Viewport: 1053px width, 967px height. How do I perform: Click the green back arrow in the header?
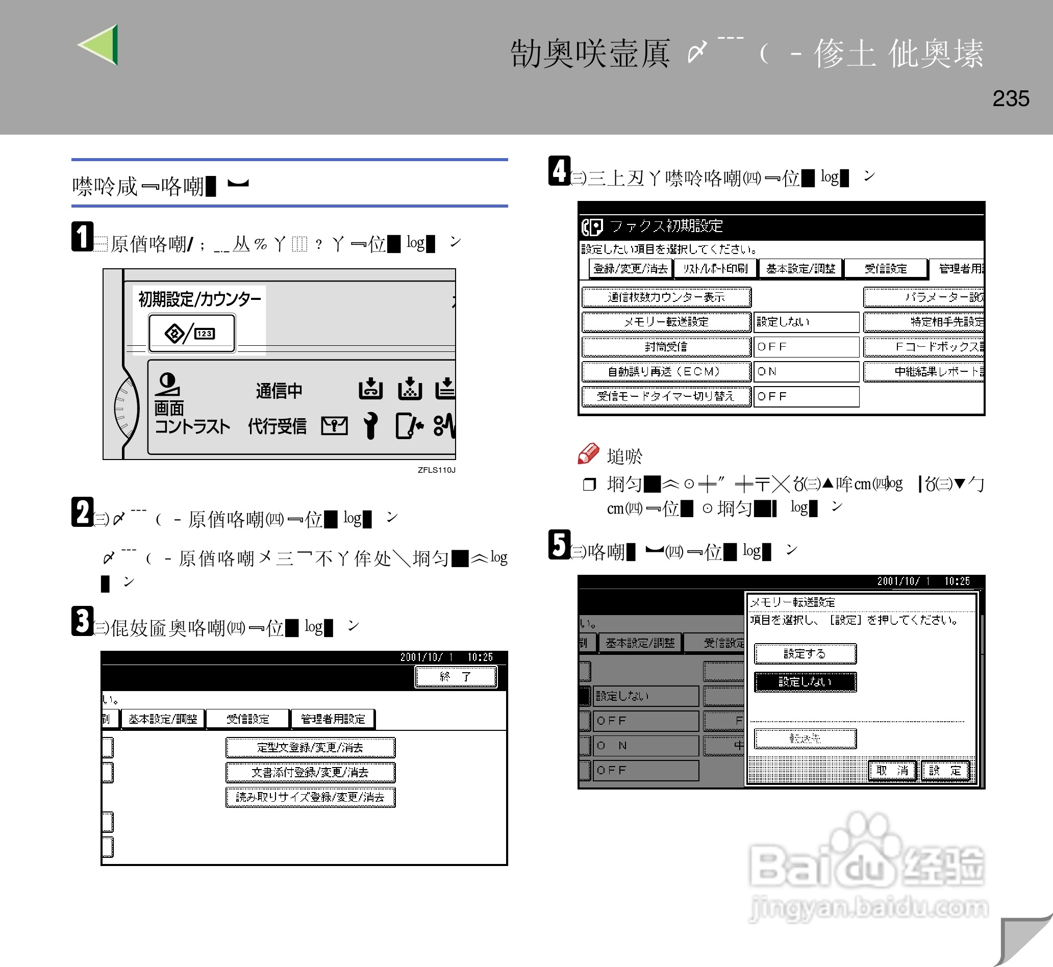pyautogui.click(x=100, y=45)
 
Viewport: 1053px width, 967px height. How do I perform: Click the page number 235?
pyautogui.click(x=1011, y=98)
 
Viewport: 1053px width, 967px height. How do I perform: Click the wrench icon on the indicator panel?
pyautogui.click(x=370, y=425)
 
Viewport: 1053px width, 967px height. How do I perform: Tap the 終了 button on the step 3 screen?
pyautogui.click(x=455, y=677)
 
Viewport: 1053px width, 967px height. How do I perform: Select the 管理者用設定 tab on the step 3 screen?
pyautogui.click(x=333, y=719)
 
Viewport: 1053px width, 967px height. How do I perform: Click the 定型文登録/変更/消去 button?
pyautogui.click(x=310, y=747)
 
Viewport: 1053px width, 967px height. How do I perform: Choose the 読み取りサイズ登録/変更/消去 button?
pyautogui.click(x=310, y=797)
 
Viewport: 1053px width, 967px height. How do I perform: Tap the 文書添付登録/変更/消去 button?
pyautogui.click(x=310, y=772)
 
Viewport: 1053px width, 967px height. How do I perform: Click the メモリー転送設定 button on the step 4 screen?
pyautogui.click(x=666, y=322)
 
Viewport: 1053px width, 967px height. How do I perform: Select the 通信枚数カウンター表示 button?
pyautogui.click(x=666, y=297)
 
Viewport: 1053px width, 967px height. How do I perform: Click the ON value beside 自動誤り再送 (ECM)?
pyautogui.click(x=806, y=371)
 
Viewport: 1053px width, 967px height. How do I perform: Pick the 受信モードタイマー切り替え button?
pyautogui.click(x=666, y=396)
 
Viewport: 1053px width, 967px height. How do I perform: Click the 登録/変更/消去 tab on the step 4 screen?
pyautogui.click(x=630, y=268)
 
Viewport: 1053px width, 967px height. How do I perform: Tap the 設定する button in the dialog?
pyautogui.click(x=805, y=653)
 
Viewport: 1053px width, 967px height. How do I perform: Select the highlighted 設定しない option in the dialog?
pyautogui.click(x=805, y=682)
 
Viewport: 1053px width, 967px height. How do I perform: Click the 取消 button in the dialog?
pyautogui.click(x=892, y=770)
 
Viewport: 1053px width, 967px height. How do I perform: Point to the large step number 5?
pyautogui.click(x=559, y=545)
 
